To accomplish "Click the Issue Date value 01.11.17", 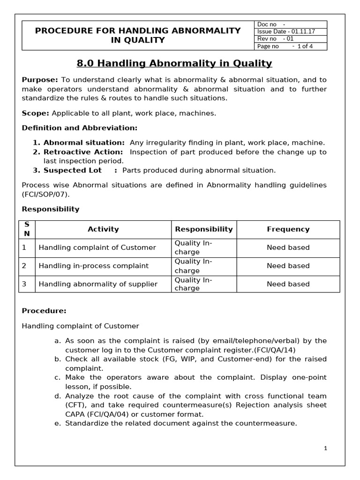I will [304, 31].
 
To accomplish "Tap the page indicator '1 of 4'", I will [305, 46].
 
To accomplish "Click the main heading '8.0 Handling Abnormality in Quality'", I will [174, 63].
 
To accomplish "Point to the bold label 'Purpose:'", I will [40, 80].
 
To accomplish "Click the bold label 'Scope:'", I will [36, 113].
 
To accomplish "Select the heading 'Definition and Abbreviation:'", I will [80, 128].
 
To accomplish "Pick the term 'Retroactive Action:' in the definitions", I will [83, 152].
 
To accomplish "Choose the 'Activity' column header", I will [103, 229].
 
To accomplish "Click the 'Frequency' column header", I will [288, 229].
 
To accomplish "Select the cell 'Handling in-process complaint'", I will [94, 266].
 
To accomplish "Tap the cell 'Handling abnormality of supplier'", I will [98, 284].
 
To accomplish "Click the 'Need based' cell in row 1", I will [288, 247].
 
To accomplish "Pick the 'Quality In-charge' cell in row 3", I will [193, 284].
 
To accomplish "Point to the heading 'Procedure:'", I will [44, 311].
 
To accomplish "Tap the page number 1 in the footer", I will [325, 448].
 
